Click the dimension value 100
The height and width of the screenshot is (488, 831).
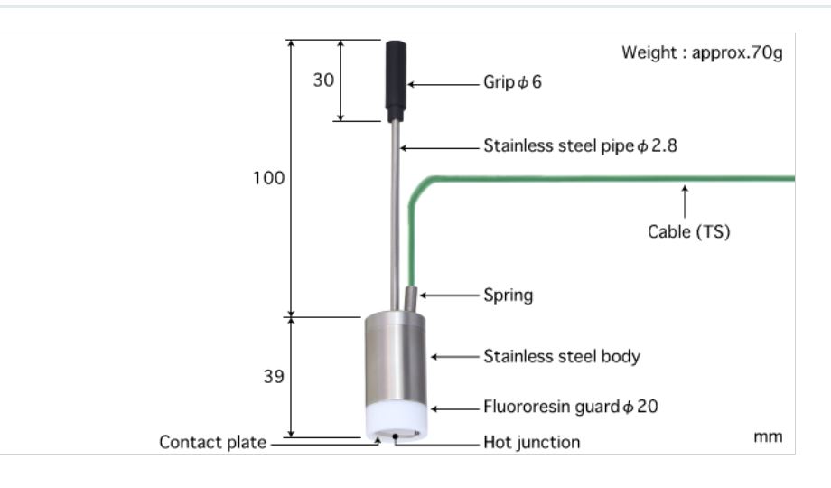(x=268, y=178)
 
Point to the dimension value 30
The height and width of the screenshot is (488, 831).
(x=323, y=80)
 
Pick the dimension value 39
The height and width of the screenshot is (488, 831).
(x=273, y=376)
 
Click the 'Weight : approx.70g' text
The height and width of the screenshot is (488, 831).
(x=702, y=52)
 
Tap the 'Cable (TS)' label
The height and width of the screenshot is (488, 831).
(x=688, y=231)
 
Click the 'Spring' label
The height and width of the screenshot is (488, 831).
(x=508, y=295)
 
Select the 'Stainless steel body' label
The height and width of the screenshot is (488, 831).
(x=561, y=356)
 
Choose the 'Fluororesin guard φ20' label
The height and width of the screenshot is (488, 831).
(x=570, y=407)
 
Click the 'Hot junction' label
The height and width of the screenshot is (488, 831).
(x=531, y=442)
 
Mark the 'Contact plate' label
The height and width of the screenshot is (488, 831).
(x=212, y=442)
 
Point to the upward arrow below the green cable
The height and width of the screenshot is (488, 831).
(x=685, y=200)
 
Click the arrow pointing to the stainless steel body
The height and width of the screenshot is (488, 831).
(x=453, y=357)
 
